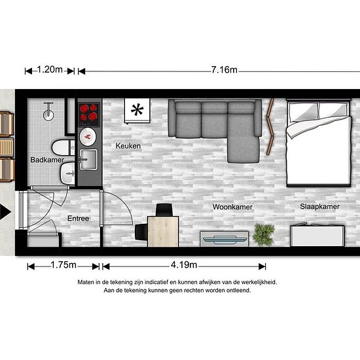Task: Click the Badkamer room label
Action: click(47, 160)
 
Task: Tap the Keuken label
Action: click(128, 146)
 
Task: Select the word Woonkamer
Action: click(232, 207)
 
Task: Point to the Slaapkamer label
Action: click(319, 207)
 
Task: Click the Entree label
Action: click(79, 219)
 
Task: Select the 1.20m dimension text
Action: click(50, 69)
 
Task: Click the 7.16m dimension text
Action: click(224, 70)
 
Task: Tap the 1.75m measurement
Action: click(63, 265)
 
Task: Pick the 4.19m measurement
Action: click(184, 265)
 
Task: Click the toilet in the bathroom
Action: click(63, 148)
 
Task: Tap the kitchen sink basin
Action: click(88, 160)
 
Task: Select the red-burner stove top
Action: click(89, 115)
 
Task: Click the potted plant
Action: click(264, 234)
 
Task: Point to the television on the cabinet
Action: click(225, 240)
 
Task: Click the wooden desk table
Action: click(163, 232)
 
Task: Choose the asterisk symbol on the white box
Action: click(137, 110)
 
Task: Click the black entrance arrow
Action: click(5, 211)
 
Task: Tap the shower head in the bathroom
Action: click(48, 111)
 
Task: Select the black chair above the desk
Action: click(164, 210)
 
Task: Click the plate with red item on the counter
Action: click(88, 137)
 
